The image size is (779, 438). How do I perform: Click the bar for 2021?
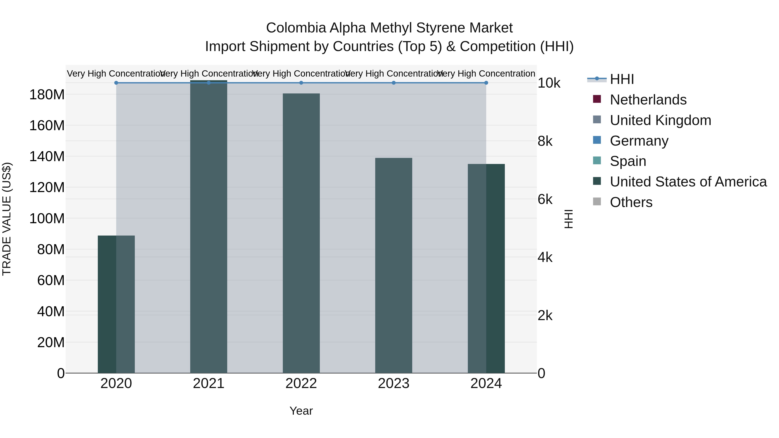(x=208, y=227)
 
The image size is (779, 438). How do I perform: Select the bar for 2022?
(x=301, y=233)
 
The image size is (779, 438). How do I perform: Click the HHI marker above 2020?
(x=116, y=83)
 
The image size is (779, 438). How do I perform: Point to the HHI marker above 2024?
(x=486, y=83)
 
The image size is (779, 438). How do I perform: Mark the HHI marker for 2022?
(x=301, y=83)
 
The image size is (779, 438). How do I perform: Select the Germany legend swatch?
(x=597, y=140)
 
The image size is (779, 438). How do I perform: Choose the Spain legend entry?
(x=628, y=161)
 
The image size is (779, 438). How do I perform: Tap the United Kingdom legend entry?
(x=660, y=120)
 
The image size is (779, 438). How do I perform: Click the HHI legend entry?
(x=621, y=79)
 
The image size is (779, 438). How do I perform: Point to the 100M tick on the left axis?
(x=47, y=218)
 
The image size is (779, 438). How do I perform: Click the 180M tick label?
(x=47, y=95)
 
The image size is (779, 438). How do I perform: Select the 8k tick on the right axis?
(x=545, y=141)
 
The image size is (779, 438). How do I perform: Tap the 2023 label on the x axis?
(x=393, y=383)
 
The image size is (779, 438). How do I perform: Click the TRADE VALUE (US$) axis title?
(x=7, y=219)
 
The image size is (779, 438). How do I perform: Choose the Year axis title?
(x=301, y=411)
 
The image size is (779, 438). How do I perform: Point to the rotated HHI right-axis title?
(x=568, y=219)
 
